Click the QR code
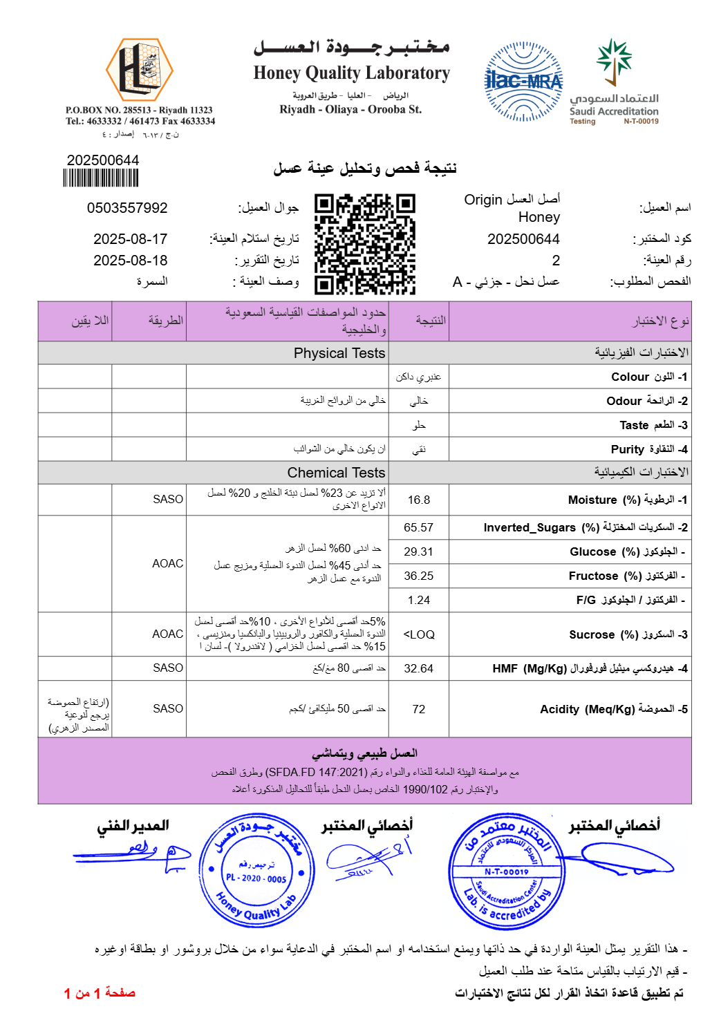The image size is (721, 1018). pyautogui.click(x=364, y=244)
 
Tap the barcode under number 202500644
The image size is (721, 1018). pyautogui.click(x=101, y=178)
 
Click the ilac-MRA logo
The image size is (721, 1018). pyautogui.click(x=523, y=82)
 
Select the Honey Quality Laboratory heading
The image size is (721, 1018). pyautogui.click(x=351, y=73)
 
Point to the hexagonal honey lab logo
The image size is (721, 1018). pyautogui.click(x=139, y=69)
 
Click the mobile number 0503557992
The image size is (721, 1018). pyautogui.click(x=127, y=208)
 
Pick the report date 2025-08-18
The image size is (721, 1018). pyautogui.click(x=131, y=261)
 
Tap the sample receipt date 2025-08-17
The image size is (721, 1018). pyautogui.click(x=131, y=239)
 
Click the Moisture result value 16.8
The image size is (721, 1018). pyautogui.click(x=419, y=500)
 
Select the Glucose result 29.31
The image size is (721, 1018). pyautogui.click(x=419, y=552)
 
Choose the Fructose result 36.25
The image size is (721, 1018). pyautogui.click(x=419, y=576)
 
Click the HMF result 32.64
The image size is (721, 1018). pyautogui.click(x=419, y=668)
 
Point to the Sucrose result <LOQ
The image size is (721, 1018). pyautogui.click(x=419, y=634)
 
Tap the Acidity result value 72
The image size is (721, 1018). pyautogui.click(x=419, y=709)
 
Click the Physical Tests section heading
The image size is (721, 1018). pyautogui.click(x=339, y=353)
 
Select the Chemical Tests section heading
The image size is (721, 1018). pyautogui.click(x=336, y=473)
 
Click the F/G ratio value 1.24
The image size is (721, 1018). pyautogui.click(x=419, y=600)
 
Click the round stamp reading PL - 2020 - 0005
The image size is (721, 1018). pyautogui.click(x=256, y=871)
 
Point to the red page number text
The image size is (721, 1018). pyautogui.click(x=100, y=993)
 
